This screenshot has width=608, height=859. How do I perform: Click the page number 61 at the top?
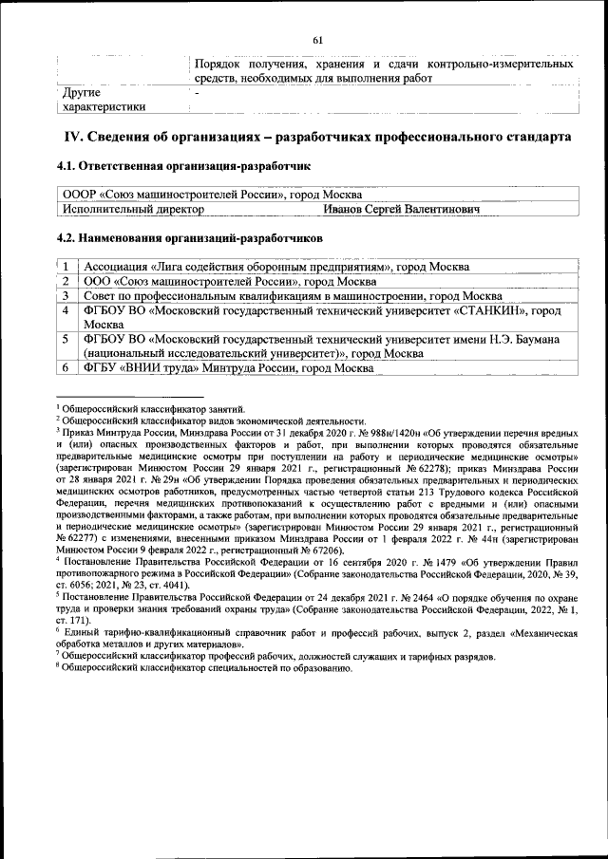pos(317,39)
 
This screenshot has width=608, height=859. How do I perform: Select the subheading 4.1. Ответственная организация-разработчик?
pos(184,167)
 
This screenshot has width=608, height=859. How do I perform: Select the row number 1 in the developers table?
pos(66,267)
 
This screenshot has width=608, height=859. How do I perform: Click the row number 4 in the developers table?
pos(66,310)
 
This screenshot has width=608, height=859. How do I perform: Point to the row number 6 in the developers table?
pos(66,367)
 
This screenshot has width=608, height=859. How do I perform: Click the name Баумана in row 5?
pos(533,339)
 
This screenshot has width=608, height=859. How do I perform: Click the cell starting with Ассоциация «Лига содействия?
pos(275,267)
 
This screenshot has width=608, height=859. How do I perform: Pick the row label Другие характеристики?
pos(103,100)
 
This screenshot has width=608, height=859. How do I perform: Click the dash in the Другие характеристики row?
pos(197,93)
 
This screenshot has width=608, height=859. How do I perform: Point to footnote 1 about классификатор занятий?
pos(152,407)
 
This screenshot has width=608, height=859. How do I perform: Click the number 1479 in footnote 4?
pos(413,561)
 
